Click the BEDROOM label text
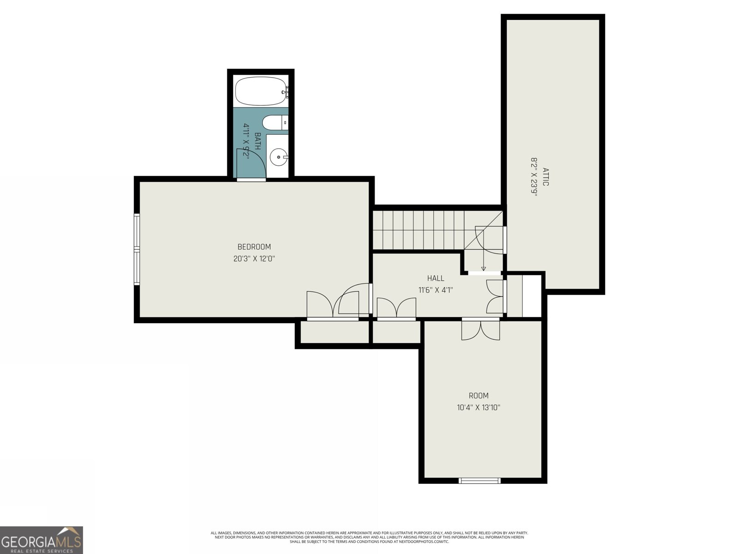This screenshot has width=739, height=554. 254,247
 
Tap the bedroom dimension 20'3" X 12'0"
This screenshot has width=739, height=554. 254,259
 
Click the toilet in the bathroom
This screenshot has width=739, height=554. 273,123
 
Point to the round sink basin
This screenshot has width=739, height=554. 279,157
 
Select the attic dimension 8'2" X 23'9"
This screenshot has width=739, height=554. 534,177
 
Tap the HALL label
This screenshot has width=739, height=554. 436,278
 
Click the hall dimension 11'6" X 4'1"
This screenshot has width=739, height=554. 436,290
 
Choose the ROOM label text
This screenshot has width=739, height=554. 479,396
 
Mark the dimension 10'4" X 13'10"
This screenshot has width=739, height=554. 479,408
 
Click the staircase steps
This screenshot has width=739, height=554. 418,230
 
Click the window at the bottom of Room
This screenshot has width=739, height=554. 479,481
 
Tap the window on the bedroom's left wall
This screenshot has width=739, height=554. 137,249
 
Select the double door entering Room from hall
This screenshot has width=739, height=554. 481,330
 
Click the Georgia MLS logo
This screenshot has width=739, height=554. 42,540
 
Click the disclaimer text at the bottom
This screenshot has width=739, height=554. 369,537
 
